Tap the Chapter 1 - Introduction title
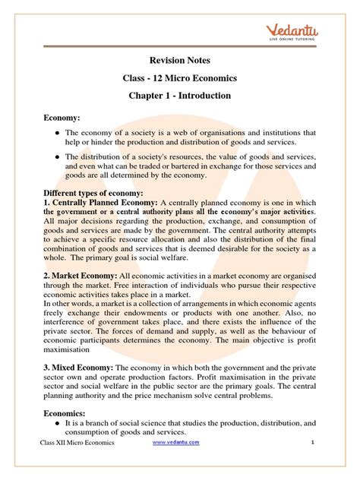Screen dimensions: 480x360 (179, 96)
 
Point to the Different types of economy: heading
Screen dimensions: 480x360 (93, 194)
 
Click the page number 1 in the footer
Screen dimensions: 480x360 (312, 463)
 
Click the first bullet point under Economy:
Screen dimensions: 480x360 (56, 134)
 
